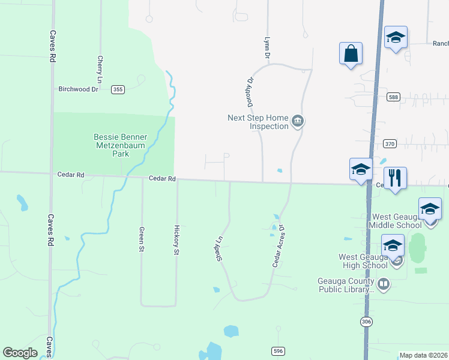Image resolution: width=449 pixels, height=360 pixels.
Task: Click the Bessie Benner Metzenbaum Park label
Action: (x=120, y=145)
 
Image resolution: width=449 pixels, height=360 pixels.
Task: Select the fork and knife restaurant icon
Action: (x=395, y=178)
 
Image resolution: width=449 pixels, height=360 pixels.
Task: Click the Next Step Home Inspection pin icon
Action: (x=297, y=122)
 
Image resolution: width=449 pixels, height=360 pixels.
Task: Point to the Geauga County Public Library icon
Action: (x=384, y=283)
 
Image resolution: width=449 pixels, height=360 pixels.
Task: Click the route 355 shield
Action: (x=118, y=89)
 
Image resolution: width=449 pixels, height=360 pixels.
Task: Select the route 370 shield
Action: (x=390, y=144)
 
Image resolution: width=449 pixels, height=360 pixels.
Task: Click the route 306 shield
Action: (x=366, y=322)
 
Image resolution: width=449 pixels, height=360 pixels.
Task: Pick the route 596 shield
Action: (x=277, y=351)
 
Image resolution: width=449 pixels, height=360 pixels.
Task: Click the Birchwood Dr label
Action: (x=78, y=89)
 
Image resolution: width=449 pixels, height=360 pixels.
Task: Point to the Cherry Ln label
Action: (x=100, y=69)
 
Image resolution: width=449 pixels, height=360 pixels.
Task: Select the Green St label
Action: (x=142, y=238)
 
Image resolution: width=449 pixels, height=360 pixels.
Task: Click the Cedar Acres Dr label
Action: (x=278, y=246)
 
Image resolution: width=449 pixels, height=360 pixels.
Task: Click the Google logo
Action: (x=20, y=353)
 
